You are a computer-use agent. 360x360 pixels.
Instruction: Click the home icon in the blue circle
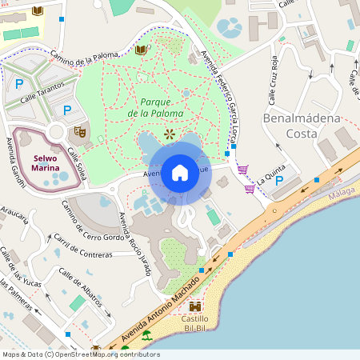[180, 172]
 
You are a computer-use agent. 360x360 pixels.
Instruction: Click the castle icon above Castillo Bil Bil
[194, 306]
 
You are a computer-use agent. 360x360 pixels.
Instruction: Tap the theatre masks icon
[79, 130]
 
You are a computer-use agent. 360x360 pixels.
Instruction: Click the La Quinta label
[270, 168]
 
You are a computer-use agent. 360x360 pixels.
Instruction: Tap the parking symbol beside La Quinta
[279, 181]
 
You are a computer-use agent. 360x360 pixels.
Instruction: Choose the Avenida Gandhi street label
[17, 165]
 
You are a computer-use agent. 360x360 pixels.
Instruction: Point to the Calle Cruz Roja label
[273, 81]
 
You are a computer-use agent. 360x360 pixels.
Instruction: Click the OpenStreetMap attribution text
[80, 354]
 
